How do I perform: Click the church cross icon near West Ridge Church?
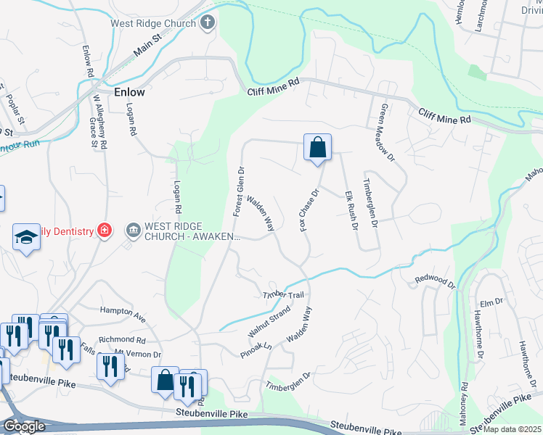tap(208, 22)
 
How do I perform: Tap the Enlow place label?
tap(129, 93)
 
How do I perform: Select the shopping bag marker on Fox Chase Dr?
tap(318, 148)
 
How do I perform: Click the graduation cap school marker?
tap(25, 238)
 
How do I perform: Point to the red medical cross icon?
tap(105, 231)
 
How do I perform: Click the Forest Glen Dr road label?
tap(239, 191)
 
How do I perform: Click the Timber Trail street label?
tap(282, 295)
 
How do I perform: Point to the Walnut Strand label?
tap(269, 321)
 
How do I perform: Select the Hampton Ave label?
tap(123, 313)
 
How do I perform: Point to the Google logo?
tap(24, 426)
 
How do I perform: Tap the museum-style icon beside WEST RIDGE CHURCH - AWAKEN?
tap(134, 231)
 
